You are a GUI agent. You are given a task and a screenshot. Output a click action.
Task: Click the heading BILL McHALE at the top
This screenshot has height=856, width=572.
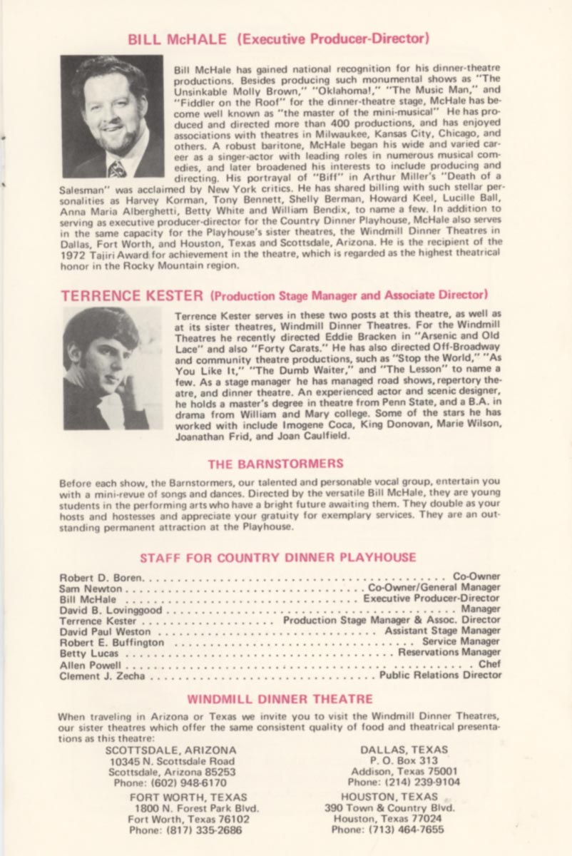(x=180, y=39)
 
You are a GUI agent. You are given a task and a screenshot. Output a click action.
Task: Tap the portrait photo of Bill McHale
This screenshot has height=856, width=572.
(x=112, y=116)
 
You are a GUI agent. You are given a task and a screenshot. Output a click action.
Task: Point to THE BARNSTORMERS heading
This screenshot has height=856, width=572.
(x=275, y=464)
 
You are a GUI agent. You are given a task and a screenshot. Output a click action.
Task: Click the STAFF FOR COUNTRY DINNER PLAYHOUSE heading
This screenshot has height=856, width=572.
(x=278, y=557)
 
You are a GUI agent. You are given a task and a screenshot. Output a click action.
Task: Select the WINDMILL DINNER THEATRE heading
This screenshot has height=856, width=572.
(x=280, y=699)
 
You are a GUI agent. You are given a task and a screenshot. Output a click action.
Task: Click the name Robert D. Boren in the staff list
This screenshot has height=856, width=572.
(x=102, y=576)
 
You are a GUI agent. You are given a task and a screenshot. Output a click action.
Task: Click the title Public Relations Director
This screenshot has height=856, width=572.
(x=440, y=675)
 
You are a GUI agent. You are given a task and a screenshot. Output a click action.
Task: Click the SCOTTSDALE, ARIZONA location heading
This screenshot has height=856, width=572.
(x=171, y=750)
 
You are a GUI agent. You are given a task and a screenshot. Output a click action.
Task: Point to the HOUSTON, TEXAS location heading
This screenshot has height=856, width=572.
(x=389, y=797)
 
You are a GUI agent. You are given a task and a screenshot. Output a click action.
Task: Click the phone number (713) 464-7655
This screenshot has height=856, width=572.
(x=387, y=830)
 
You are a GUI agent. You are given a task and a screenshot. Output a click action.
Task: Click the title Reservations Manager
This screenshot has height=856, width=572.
(x=449, y=653)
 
